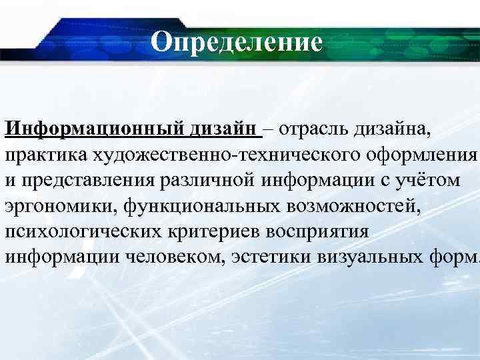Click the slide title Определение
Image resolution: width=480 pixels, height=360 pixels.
tap(236, 42)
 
